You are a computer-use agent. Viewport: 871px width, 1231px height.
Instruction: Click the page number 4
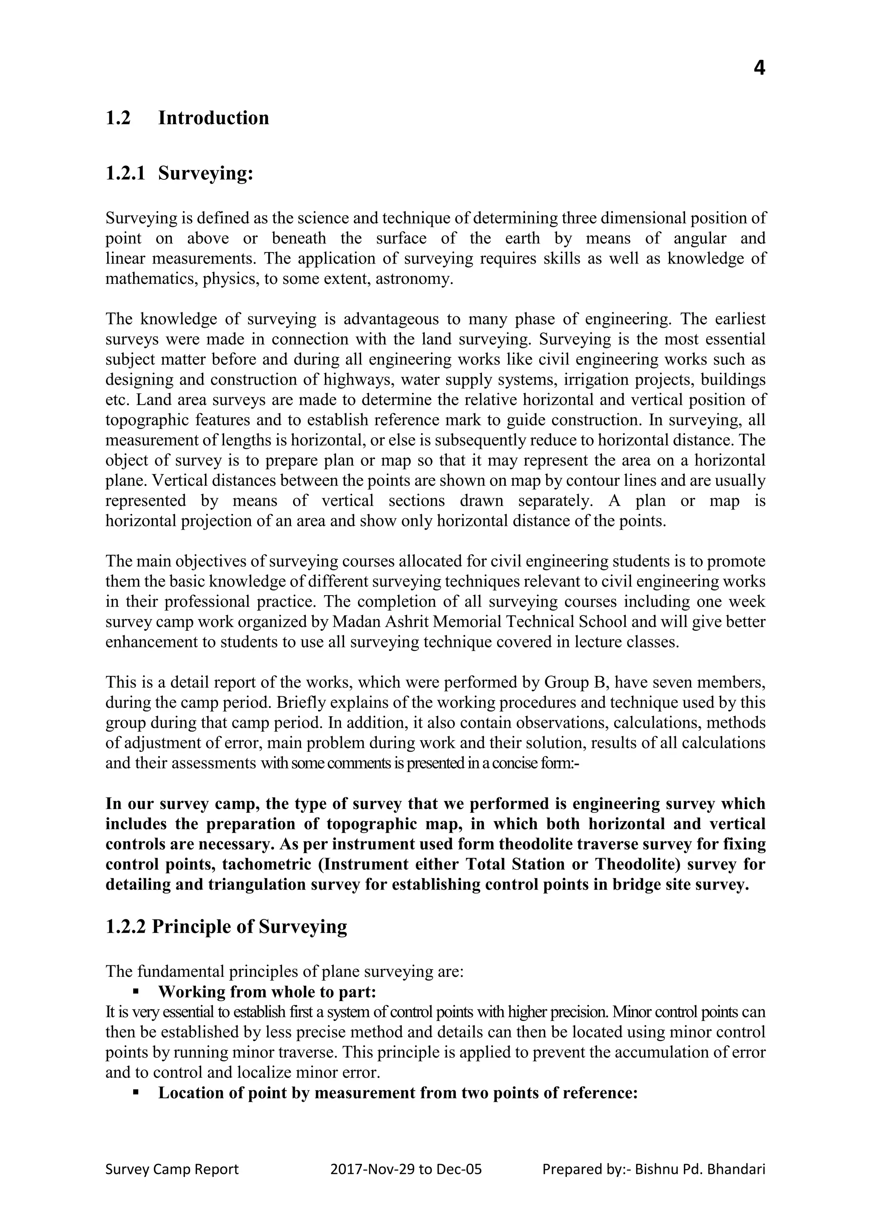pyautogui.click(x=759, y=68)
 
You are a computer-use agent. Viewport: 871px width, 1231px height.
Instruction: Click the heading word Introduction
pyautogui.click(x=213, y=118)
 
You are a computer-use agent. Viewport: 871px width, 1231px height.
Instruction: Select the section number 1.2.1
pyautogui.click(x=125, y=174)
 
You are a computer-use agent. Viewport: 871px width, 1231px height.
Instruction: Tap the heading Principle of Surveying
pyautogui.click(x=249, y=927)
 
